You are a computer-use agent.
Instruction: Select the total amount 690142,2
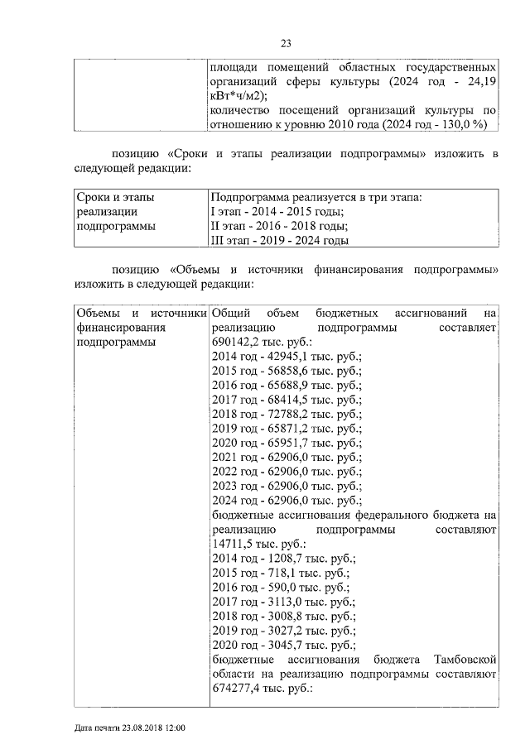pos(238,342)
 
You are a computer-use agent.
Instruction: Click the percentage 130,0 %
pos(459,124)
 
